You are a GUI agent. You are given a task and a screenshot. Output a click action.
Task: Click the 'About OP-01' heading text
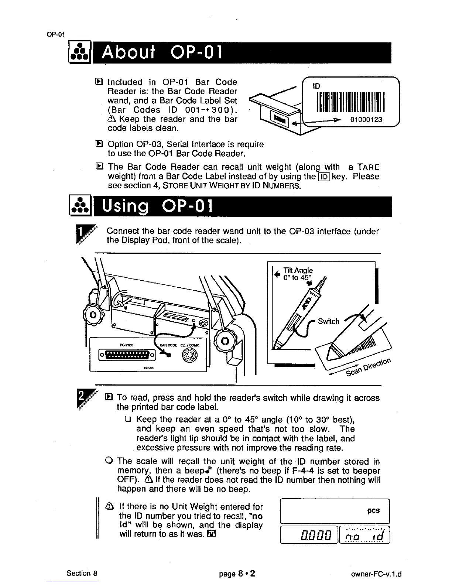pyautogui.click(x=161, y=54)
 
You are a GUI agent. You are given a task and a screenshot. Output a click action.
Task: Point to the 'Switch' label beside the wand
pyautogui.click(x=328, y=321)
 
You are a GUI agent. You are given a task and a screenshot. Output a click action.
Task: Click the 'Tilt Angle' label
pyautogui.click(x=298, y=270)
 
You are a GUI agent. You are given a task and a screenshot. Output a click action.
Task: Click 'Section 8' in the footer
pyautogui.click(x=82, y=574)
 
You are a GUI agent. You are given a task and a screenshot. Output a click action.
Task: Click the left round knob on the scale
pyautogui.click(x=90, y=316)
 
